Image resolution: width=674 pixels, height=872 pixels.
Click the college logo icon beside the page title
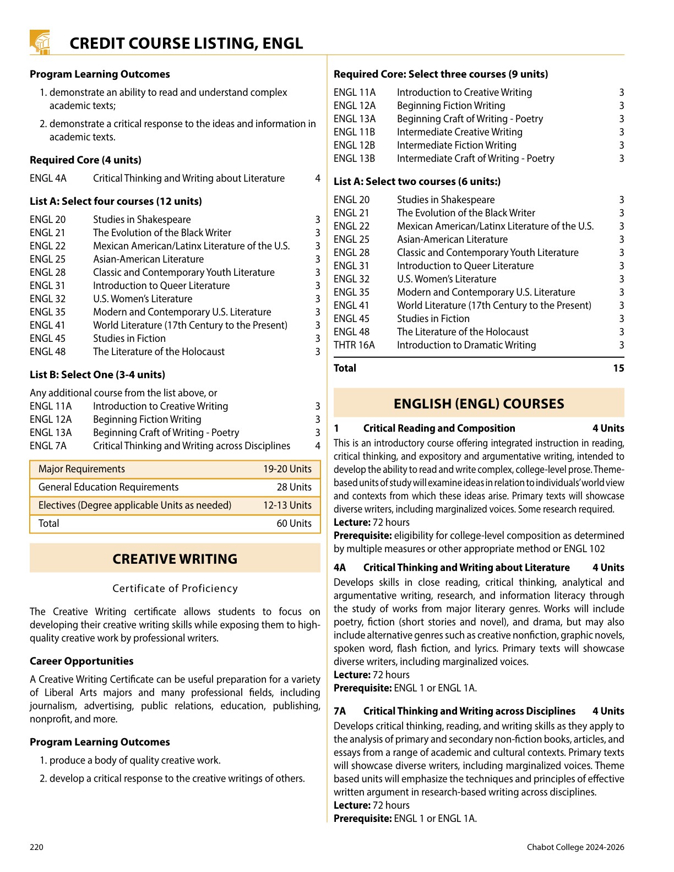(x=40, y=42)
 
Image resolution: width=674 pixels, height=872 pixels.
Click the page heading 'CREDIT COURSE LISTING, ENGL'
(x=186, y=43)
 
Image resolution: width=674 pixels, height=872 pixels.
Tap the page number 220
(x=36, y=847)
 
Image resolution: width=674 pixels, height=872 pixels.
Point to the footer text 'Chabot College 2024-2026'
(x=575, y=847)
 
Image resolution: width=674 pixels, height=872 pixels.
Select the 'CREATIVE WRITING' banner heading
(x=175, y=559)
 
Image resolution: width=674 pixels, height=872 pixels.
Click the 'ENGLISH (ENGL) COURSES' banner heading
(x=479, y=404)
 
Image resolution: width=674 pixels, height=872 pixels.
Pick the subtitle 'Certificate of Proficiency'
(x=175, y=588)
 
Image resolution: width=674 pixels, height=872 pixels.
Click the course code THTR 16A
(x=354, y=345)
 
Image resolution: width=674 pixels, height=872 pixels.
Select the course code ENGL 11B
(x=354, y=132)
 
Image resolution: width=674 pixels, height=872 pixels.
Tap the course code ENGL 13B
(x=354, y=159)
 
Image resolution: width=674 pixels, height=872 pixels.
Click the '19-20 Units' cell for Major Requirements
(x=287, y=469)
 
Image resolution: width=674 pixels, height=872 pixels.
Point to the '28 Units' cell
(x=294, y=487)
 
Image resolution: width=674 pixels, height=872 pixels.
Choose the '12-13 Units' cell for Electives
(x=287, y=505)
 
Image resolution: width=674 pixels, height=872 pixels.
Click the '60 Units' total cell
(x=294, y=524)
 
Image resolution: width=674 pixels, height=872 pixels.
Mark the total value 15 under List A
(x=618, y=368)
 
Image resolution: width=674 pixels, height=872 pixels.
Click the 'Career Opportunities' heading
(x=81, y=661)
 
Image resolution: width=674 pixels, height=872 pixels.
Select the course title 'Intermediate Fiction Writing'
(x=456, y=145)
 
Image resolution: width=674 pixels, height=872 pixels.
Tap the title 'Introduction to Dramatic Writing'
(x=466, y=345)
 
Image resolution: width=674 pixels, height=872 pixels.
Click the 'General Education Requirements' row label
(x=108, y=487)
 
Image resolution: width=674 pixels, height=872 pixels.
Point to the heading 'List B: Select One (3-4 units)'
(x=97, y=375)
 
